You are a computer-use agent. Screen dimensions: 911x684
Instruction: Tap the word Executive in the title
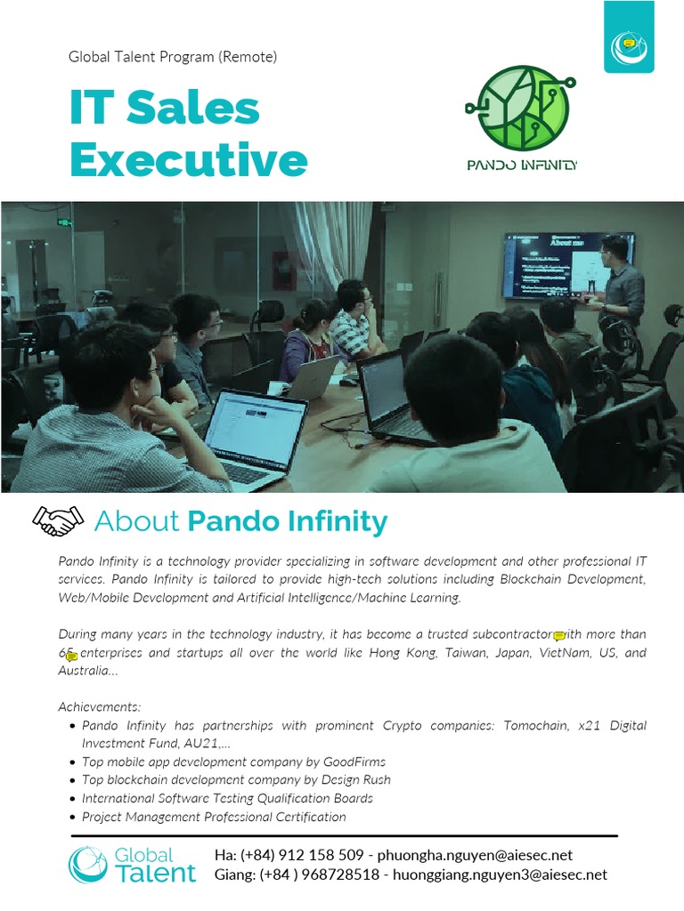pyautogui.click(x=188, y=161)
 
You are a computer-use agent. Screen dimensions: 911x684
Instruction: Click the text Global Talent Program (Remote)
pyautogui.click(x=173, y=57)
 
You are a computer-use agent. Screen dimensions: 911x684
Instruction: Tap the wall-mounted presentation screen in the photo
pyautogui.click(x=568, y=264)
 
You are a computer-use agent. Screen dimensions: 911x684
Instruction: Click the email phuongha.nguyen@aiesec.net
pyautogui.click(x=475, y=855)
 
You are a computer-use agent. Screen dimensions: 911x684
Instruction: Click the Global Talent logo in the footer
pyautogui.click(x=133, y=865)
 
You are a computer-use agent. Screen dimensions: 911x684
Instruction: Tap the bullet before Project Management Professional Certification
pyautogui.click(x=71, y=818)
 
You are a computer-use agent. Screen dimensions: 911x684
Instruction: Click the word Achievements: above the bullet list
pyautogui.click(x=100, y=706)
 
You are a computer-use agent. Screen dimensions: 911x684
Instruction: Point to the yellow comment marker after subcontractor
pyautogui.click(x=559, y=636)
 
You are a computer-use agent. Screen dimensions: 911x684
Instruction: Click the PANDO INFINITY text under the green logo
pyautogui.click(x=522, y=165)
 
